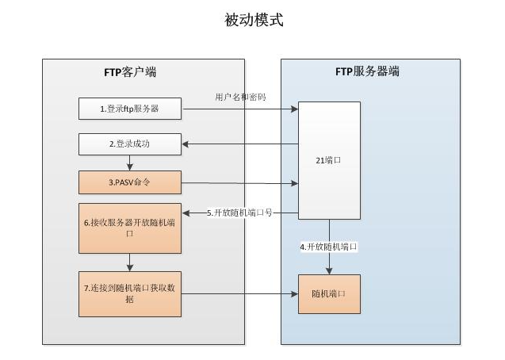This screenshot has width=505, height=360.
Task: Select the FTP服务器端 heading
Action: click(369, 72)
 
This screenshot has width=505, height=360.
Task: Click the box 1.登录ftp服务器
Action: click(130, 109)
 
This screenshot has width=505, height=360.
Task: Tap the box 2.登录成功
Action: click(130, 145)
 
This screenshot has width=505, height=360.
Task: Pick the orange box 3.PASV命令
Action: click(130, 182)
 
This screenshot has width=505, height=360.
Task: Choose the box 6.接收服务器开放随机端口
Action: click(130, 228)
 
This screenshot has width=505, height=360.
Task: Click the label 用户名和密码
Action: click(240, 97)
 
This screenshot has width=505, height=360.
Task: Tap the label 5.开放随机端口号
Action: click(239, 213)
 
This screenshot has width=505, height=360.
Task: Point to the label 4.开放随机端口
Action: click(329, 247)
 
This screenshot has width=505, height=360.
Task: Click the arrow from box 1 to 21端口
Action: click(239, 109)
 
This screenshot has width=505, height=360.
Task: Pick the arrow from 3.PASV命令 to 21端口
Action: click(239, 182)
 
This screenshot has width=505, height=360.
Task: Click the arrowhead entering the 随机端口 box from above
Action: click(329, 271)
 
